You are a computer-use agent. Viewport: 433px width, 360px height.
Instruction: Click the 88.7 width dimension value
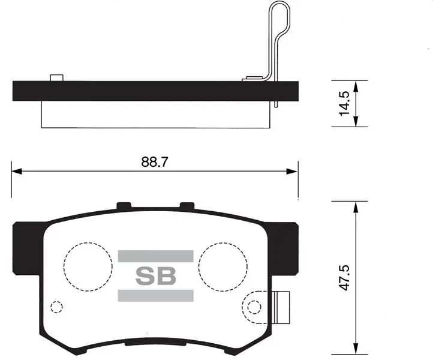pyautogui.click(x=154, y=162)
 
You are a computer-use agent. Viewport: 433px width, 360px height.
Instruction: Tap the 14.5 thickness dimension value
pyautogui.click(x=344, y=103)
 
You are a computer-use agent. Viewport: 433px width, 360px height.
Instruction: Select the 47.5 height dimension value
pyautogui.click(x=344, y=277)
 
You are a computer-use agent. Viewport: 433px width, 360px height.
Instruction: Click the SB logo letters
pyautogui.click(x=156, y=276)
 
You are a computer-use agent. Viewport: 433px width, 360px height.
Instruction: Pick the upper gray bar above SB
pyautogui.click(x=155, y=256)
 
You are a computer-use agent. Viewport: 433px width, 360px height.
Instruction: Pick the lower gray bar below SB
pyautogui.click(x=155, y=296)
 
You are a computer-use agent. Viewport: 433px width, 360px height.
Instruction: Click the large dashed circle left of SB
pyautogui.click(x=64, y=266)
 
